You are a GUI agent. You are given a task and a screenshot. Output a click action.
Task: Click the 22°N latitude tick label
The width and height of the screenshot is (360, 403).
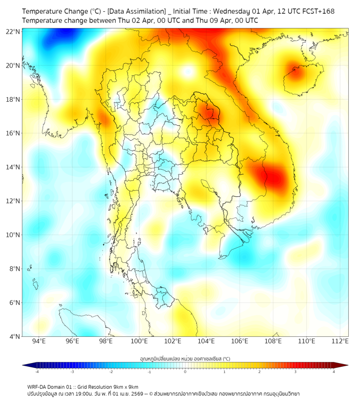click(x=13, y=31)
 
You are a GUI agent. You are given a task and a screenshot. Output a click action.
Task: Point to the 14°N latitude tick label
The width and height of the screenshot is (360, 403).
click(x=13, y=167)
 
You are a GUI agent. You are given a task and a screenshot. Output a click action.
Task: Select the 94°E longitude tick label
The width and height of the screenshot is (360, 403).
click(x=39, y=341)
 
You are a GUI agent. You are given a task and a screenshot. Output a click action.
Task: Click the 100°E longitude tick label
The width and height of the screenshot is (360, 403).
click(x=140, y=341)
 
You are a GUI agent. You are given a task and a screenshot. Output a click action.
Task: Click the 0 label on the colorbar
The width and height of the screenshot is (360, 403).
click(x=185, y=372)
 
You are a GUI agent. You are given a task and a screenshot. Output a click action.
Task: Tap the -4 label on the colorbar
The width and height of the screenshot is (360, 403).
click(x=37, y=372)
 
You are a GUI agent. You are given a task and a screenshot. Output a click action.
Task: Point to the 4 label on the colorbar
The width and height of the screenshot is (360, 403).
click(x=334, y=372)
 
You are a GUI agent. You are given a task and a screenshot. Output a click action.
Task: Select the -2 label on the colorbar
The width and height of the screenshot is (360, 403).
click(x=111, y=372)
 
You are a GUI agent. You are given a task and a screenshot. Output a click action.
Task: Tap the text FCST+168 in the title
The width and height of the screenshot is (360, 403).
click(x=318, y=11)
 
